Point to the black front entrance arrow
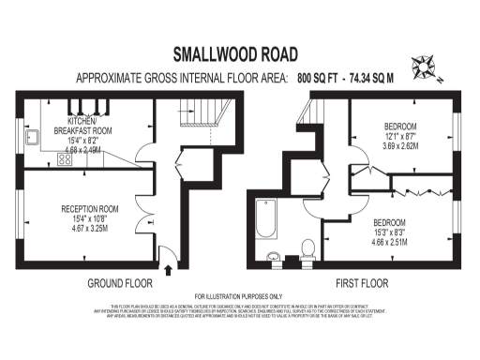168,270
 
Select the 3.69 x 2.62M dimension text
404,146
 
